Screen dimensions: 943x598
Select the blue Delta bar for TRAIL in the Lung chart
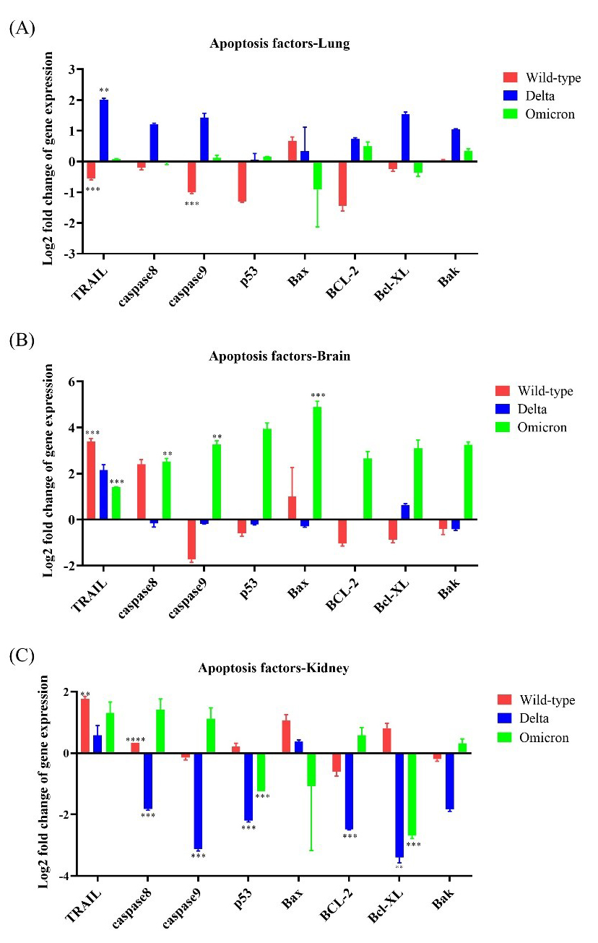point(104,131)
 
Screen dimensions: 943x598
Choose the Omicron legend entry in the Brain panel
point(541,427)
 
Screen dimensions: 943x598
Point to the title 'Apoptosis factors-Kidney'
point(274,668)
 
